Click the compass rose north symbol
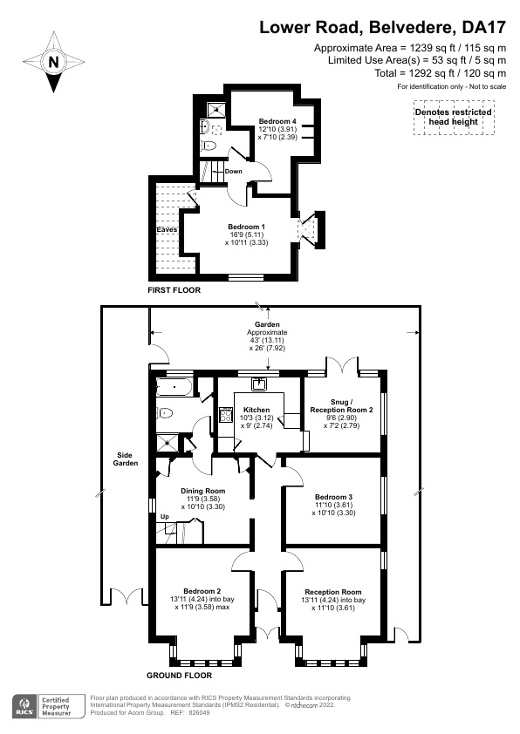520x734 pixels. (54, 62)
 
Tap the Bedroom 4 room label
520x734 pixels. (278, 121)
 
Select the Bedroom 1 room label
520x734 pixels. (246, 227)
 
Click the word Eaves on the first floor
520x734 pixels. (168, 229)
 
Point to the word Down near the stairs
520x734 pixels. (233, 171)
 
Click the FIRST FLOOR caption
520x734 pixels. (174, 289)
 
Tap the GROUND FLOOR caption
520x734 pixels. (178, 675)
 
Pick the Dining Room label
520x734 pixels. (203, 491)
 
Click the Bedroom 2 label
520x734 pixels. (203, 590)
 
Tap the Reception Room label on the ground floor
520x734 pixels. (332, 591)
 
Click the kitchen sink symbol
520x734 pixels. (259, 384)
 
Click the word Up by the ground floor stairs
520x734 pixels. (163, 518)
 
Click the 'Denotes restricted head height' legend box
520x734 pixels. (453, 118)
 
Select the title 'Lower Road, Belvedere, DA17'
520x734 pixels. (382, 28)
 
